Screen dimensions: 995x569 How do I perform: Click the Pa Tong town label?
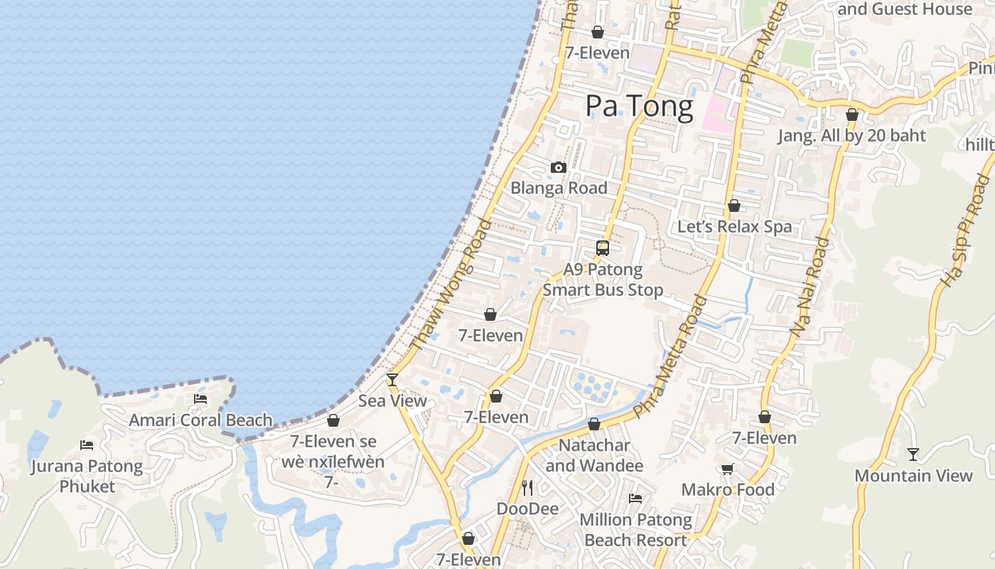click(639, 107)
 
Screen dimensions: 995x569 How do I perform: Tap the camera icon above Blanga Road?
click(559, 168)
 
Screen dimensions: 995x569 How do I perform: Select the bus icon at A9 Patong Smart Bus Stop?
click(603, 248)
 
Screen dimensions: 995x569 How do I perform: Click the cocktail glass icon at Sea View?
click(392, 380)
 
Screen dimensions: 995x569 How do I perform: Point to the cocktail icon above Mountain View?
click(913, 454)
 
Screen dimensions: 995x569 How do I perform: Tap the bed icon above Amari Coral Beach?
click(200, 399)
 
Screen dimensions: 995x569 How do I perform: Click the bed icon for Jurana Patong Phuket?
click(87, 445)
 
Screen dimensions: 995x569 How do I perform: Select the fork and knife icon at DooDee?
click(527, 488)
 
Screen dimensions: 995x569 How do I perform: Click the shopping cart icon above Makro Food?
click(727, 469)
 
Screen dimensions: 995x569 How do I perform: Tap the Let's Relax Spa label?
click(734, 227)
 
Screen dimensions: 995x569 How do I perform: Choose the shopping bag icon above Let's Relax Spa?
click(734, 206)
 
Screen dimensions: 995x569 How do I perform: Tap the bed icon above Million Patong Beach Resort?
click(635, 499)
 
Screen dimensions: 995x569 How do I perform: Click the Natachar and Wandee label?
click(594, 456)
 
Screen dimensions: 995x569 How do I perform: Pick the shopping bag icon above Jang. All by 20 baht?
click(852, 115)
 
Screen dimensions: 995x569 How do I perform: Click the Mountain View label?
click(913, 476)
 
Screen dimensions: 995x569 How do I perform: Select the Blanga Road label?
click(559, 188)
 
